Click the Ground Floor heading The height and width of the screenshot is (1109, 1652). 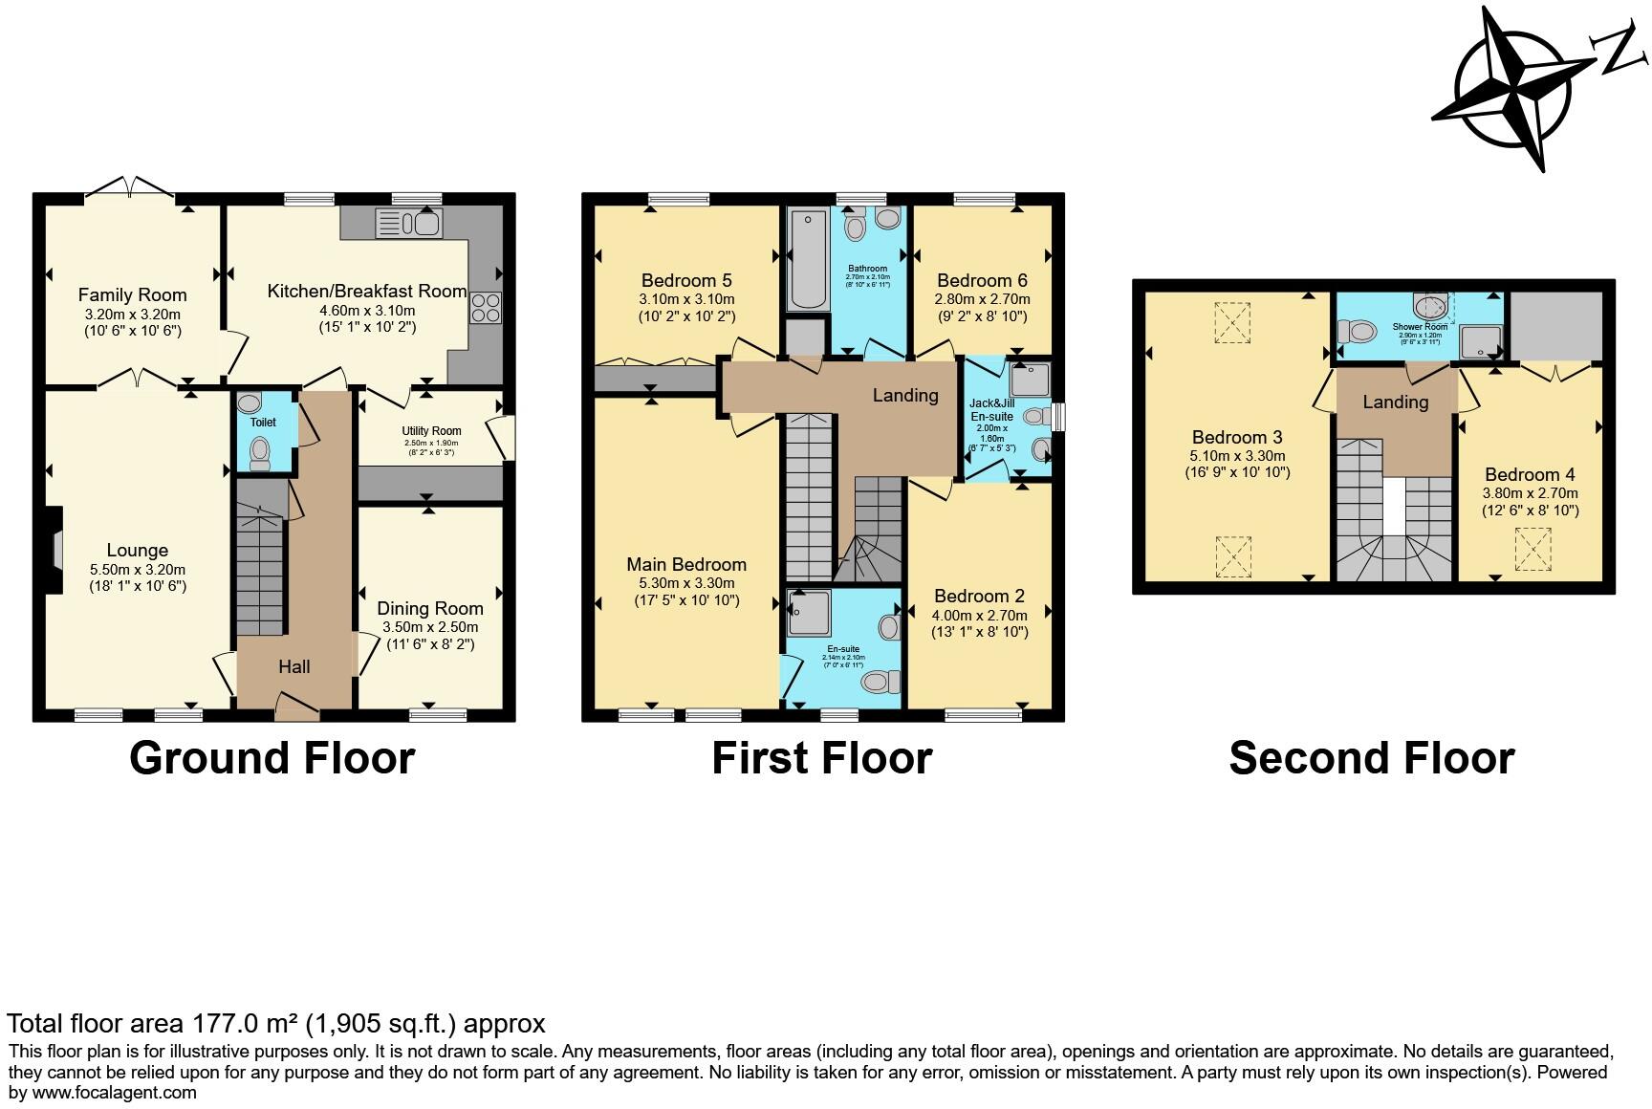tap(272, 758)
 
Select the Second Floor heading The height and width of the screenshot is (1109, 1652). tap(1371, 758)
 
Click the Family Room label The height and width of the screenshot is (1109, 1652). tap(132, 295)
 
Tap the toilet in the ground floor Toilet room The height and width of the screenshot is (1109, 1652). tap(259, 452)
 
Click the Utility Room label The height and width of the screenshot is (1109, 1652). tap(431, 431)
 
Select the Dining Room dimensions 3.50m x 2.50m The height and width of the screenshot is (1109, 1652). tap(430, 627)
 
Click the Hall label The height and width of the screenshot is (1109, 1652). tap(293, 667)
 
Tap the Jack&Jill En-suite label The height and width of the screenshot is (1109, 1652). tap(991, 410)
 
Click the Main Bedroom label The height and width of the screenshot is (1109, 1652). tap(685, 564)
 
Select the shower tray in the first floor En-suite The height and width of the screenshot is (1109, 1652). tap(812, 614)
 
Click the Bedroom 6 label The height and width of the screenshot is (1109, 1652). tap(982, 280)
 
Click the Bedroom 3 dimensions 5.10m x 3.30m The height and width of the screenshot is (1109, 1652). tap(1237, 456)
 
